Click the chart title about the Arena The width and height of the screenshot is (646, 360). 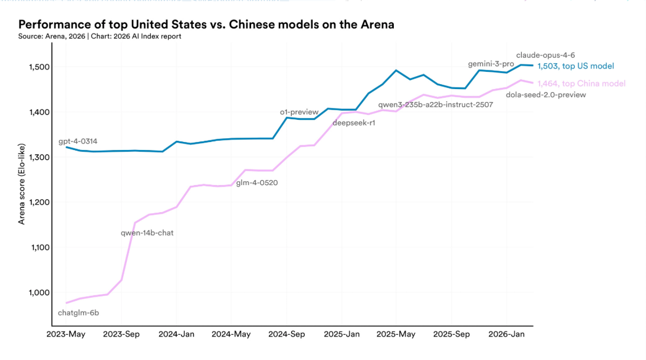tap(206, 24)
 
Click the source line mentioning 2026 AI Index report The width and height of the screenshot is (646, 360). tap(100, 36)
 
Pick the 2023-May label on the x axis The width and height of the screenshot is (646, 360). tap(66, 335)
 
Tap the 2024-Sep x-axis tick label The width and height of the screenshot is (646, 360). tap(287, 335)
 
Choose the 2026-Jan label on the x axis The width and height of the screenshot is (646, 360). tap(507, 335)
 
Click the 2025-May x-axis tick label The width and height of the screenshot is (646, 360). tap(397, 335)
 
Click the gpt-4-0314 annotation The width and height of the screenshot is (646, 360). tap(78, 141)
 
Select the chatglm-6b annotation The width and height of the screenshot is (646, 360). tap(78, 313)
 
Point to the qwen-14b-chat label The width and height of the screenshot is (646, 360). tap(147, 233)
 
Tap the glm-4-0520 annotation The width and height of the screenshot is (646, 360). tap(257, 182)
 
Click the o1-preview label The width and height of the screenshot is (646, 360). tap(299, 112)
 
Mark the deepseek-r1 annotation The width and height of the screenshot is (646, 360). tap(354, 123)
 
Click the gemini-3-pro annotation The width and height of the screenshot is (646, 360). tap(491, 64)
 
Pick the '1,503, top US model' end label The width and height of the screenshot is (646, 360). tap(576, 66)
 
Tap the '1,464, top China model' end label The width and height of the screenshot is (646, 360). tap(581, 84)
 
